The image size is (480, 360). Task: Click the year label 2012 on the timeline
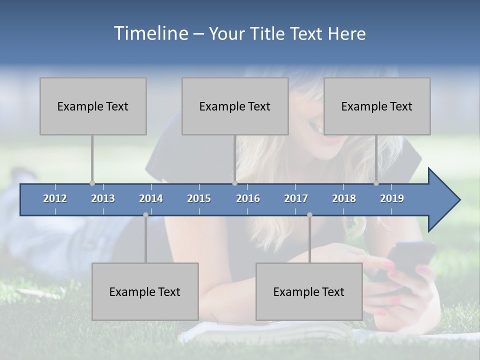(55, 198)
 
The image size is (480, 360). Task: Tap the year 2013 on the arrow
(103, 198)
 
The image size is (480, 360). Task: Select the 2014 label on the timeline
(151, 198)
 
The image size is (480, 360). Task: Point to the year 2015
(199, 198)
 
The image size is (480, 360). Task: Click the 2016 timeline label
(248, 198)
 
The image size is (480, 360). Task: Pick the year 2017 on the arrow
(296, 198)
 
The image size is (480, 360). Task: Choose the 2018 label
(344, 198)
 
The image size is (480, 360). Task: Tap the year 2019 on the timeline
(392, 198)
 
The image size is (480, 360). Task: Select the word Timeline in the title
(150, 33)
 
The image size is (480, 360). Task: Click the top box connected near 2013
(93, 106)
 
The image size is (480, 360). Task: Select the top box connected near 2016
(235, 106)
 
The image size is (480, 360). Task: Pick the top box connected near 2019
(377, 106)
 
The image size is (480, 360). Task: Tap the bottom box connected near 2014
(145, 291)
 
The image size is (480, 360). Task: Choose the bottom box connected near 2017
(309, 291)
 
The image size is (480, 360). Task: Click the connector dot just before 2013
(92, 183)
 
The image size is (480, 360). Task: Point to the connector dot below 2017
(309, 215)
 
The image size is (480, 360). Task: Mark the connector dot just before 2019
(376, 183)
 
